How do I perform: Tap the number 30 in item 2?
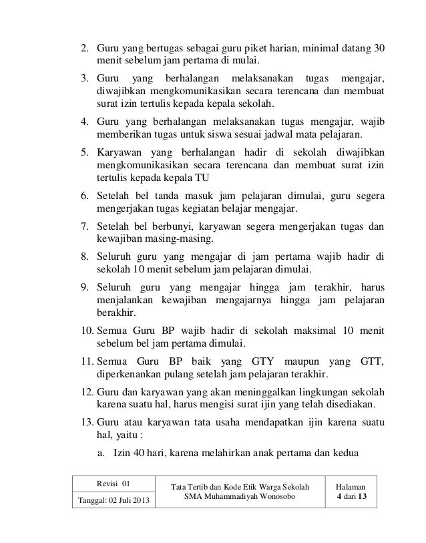coord(378,49)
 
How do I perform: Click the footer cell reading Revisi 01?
coord(114,483)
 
